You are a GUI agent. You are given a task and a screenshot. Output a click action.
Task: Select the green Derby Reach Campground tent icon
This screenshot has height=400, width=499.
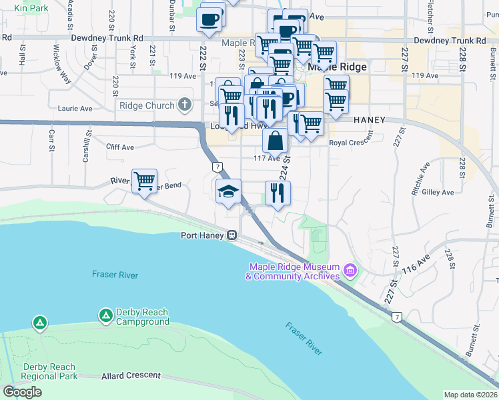(x=105, y=315)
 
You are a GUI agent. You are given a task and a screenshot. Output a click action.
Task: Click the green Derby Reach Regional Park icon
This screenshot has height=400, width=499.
(x=41, y=324)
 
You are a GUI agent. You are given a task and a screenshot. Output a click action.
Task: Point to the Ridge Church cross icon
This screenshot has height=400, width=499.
(x=185, y=105)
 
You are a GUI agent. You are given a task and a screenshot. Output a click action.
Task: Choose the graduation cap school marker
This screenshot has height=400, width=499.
(x=228, y=191)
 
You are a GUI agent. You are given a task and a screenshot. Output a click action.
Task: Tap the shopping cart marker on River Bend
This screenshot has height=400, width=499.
(x=144, y=181)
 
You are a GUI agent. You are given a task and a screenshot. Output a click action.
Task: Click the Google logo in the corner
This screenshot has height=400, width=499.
(x=22, y=392)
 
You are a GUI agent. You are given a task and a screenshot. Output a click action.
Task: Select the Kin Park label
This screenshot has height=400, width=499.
(x=31, y=8)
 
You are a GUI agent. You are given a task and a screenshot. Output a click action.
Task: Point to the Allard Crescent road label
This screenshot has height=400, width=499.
(x=131, y=377)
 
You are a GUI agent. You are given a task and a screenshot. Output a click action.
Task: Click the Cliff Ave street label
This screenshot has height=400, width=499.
(x=120, y=147)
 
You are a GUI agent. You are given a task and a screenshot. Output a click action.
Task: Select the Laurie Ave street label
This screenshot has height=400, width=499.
(x=73, y=108)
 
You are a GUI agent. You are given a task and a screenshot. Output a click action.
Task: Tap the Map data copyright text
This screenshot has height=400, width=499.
(x=471, y=395)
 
